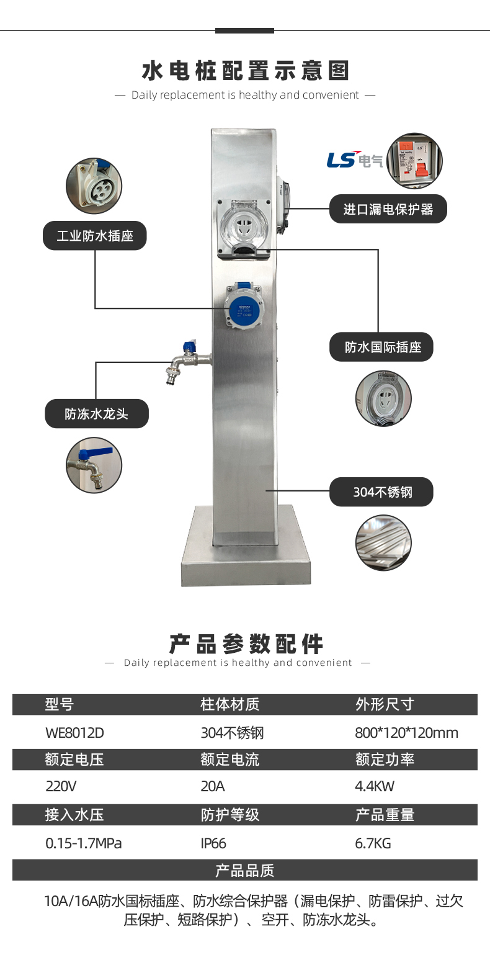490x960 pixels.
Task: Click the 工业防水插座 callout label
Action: [95, 236]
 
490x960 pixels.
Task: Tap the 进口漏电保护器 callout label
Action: [388, 209]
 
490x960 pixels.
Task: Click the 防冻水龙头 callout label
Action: [96, 413]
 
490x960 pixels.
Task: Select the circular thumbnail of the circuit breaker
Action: [414, 161]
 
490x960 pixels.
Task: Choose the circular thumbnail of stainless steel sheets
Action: [383, 543]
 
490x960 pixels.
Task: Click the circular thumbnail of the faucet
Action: [94, 465]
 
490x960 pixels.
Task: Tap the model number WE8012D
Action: [75, 733]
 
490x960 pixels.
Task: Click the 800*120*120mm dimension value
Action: [406, 733]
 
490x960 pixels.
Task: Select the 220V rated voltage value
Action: [61, 787]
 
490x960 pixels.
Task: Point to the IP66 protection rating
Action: [213, 843]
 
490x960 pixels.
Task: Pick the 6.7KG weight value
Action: [373, 843]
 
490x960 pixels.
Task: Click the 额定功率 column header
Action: [385, 760]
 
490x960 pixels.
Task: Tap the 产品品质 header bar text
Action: [244, 870]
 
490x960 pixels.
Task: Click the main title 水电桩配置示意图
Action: [245, 71]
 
